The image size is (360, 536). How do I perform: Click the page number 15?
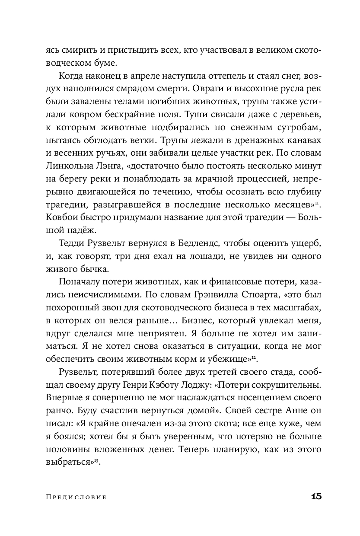coord(316,496)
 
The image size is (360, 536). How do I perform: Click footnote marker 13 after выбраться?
coord(97,460)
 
